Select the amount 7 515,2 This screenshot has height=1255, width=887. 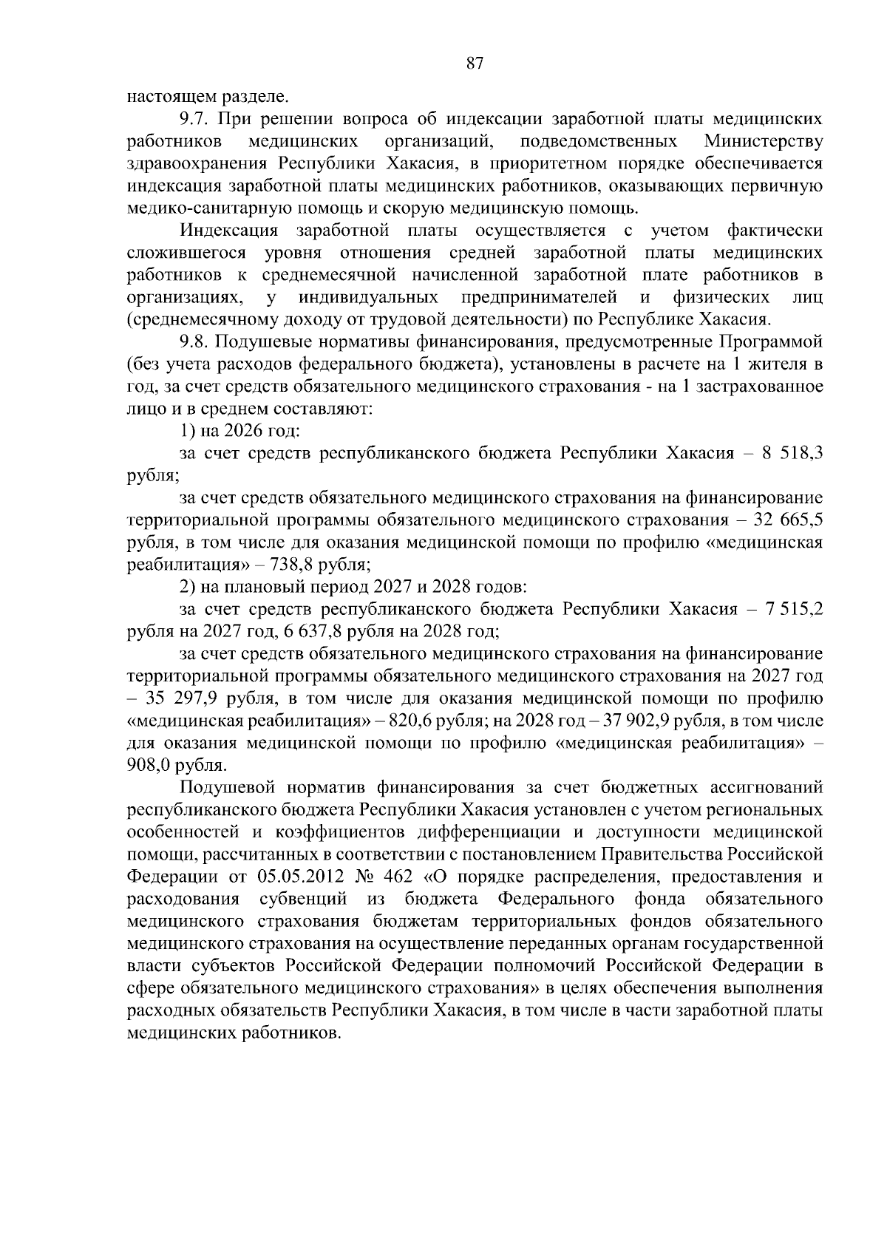[x=792, y=609]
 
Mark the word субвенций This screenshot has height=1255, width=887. [x=304, y=899]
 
